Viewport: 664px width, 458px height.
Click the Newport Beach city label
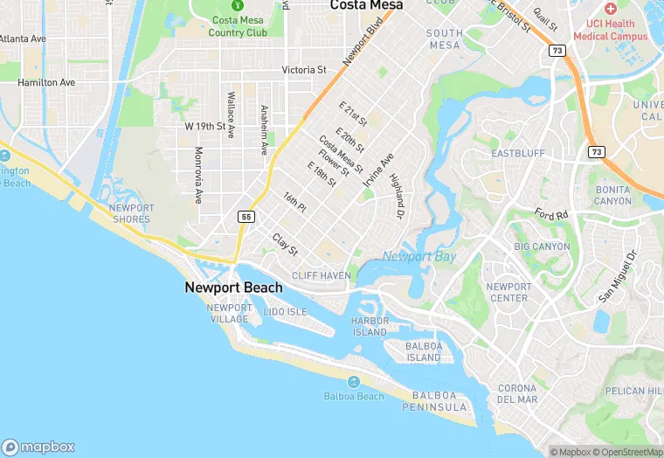pyautogui.click(x=233, y=288)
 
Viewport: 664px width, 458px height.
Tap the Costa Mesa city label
pyautogui.click(x=367, y=5)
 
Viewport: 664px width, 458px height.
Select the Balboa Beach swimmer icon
pyautogui.click(x=354, y=383)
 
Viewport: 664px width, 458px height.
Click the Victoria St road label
pyautogui.click(x=304, y=70)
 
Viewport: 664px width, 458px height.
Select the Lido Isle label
pyautogui.click(x=286, y=312)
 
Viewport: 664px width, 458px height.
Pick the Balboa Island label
pyautogui.click(x=424, y=351)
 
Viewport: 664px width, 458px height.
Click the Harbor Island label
pyautogui.click(x=370, y=326)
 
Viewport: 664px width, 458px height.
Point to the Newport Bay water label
pyautogui.click(x=419, y=256)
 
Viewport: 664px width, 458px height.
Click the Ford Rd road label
pyautogui.click(x=551, y=213)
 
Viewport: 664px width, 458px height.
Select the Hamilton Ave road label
pyautogui.click(x=47, y=82)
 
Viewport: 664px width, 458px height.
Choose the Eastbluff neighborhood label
pyautogui.click(x=517, y=153)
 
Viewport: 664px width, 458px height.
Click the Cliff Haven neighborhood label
pyautogui.click(x=322, y=275)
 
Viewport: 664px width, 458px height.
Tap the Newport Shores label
pyautogui.click(x=132, y=213)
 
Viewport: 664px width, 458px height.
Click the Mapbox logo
pyautogui.click(x=39, y=446)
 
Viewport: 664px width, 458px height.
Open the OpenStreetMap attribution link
pyautogui.click(x=628, y=452)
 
